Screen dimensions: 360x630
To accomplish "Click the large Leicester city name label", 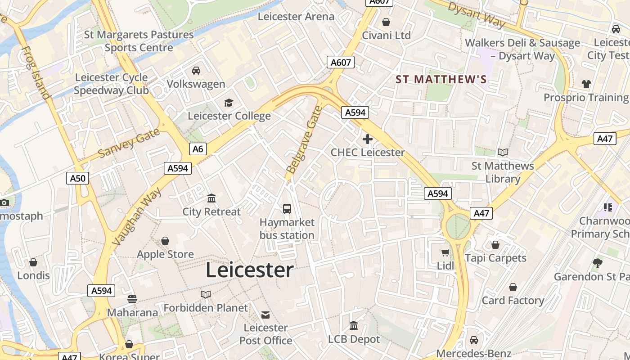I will pos(250,270).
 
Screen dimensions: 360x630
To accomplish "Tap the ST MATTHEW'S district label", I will pos(441,80).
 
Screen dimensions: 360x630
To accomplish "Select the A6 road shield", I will pos(198,149).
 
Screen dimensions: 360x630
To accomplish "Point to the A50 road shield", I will pos(77,178).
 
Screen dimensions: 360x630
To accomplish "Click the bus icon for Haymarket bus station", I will pos(287,209).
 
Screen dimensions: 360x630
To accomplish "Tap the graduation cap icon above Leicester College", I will pos(229,103).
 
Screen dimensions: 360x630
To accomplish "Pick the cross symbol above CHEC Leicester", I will pos(368,139).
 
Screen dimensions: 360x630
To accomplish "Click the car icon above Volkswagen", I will pos(196,71).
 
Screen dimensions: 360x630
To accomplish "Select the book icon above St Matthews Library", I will pos(503,153).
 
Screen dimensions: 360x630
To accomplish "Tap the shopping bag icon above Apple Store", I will pos(165,241).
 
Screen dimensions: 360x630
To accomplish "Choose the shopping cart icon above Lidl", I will pos(445,253).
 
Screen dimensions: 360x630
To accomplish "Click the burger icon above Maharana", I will pos(132,299).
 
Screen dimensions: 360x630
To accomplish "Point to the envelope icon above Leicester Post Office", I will pos(266,315).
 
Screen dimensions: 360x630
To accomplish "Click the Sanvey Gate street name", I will pos(129,143).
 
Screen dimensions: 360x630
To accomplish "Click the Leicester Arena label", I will pos(296,17).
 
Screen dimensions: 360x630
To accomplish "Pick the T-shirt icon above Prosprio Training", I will pos(586,84).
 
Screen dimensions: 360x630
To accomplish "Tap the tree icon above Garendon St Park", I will pos(598,263).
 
